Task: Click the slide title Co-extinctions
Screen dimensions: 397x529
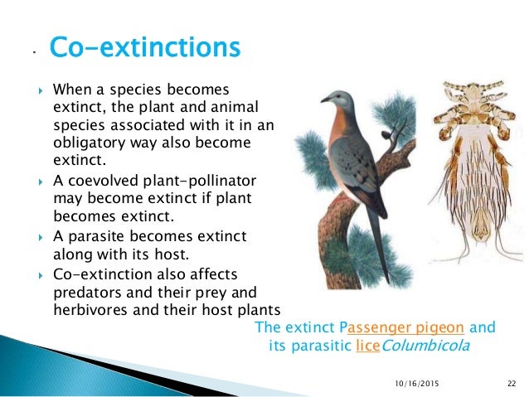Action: [x=145, y=48]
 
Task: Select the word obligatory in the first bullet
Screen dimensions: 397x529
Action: [x=86, y=142]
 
